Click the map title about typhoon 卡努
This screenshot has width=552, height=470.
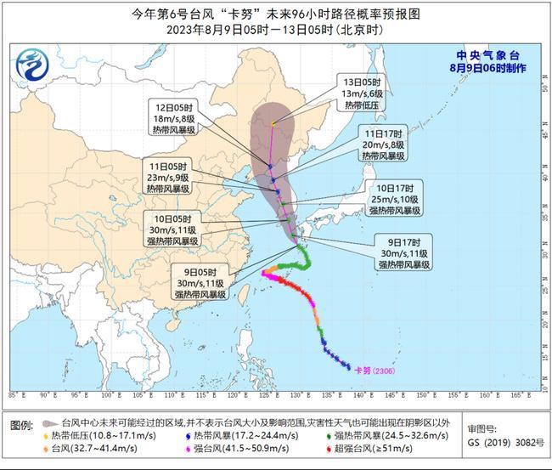[275, 14]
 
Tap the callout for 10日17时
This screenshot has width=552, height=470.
[395, 198]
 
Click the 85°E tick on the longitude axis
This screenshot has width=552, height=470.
[15, 396]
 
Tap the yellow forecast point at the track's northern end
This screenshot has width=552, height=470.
[273, 124]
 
